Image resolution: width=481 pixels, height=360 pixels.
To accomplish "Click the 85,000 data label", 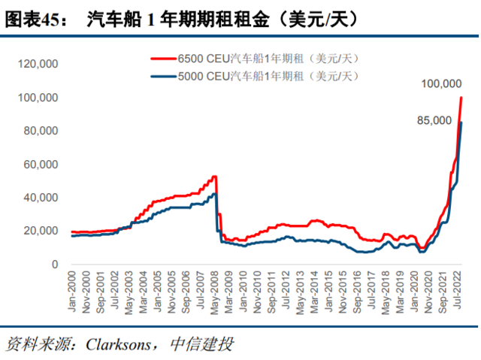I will [x=434, y=120].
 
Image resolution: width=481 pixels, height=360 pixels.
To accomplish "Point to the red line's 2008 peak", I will [x=214, y=177].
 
